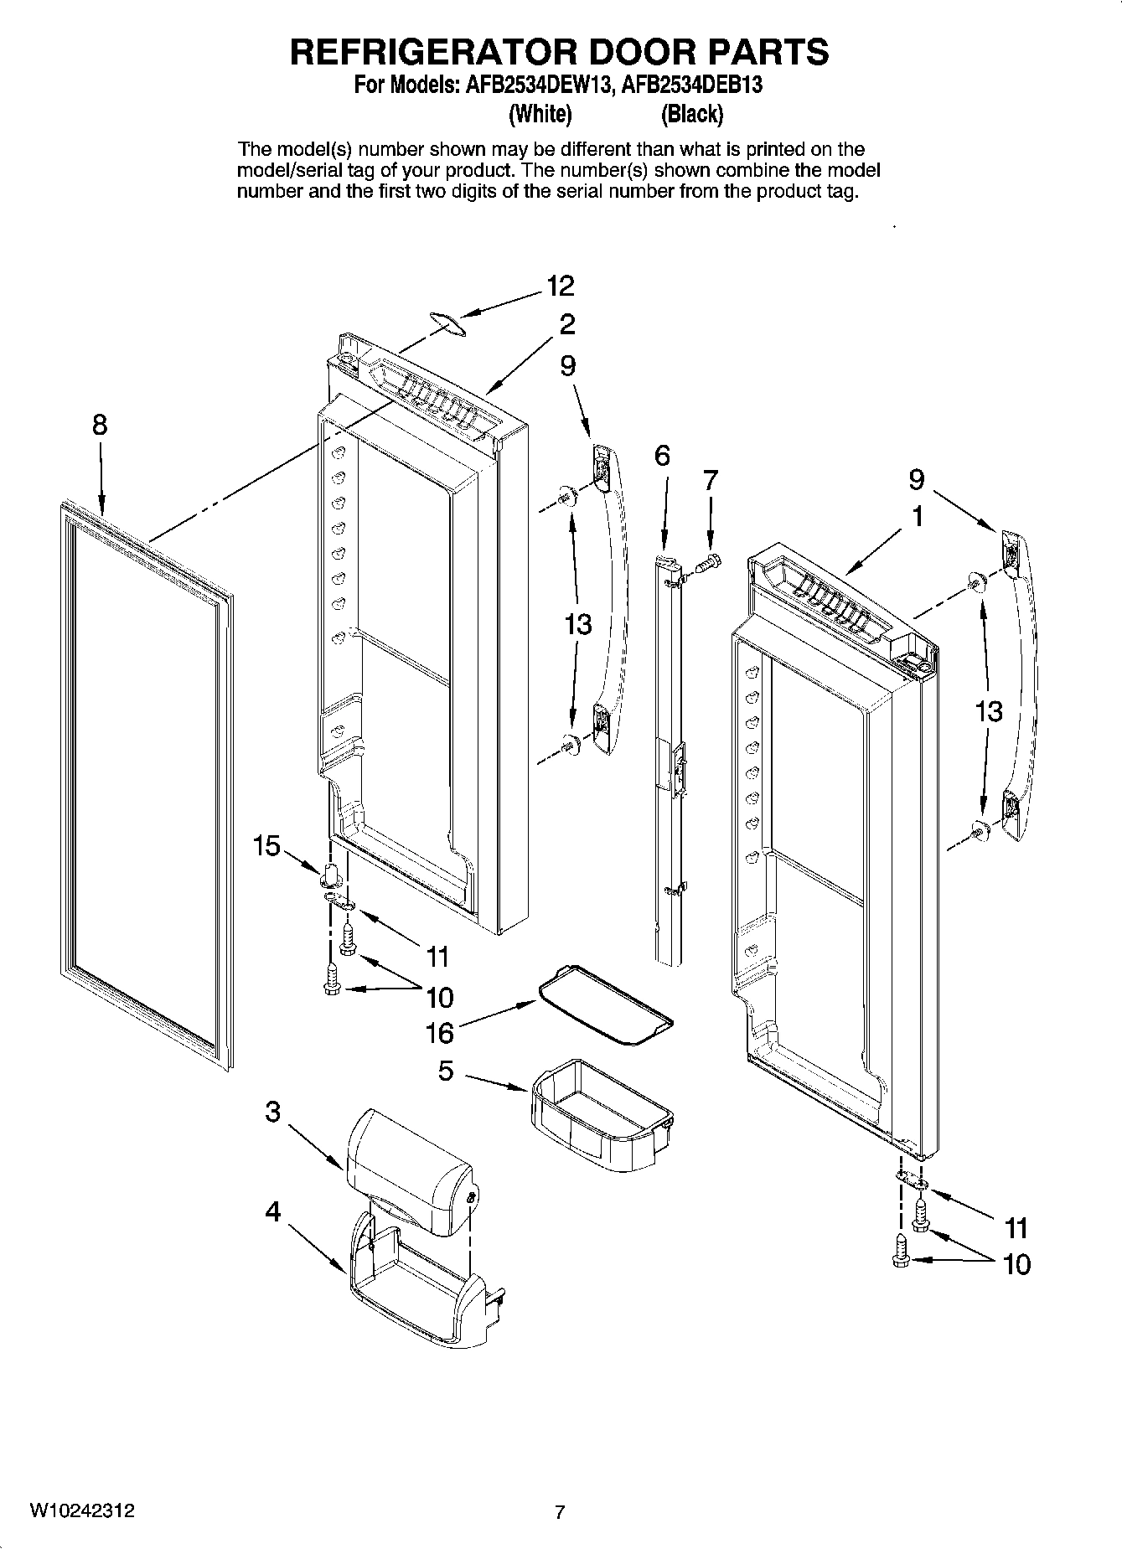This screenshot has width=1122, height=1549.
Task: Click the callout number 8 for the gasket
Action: [100, 426]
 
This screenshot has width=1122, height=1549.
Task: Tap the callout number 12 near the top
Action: [561, 286]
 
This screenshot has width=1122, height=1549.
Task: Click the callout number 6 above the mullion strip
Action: [662, 456]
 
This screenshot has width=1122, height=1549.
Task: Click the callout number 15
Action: [266, 846]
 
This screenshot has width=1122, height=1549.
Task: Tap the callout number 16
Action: [439, 1033]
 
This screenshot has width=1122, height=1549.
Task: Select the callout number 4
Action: [273, 1211]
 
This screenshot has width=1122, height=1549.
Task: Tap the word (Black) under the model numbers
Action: [691, 114]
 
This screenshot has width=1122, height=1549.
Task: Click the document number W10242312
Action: [81, 1511]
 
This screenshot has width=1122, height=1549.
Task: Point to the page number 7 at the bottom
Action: [560, 1513]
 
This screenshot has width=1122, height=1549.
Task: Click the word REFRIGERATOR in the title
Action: [433, 52]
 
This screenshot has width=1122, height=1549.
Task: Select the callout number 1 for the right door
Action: [918, 517]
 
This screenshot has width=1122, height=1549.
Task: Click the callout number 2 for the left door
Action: [567, 324]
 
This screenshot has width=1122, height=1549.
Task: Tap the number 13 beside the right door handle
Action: [989, 712]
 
